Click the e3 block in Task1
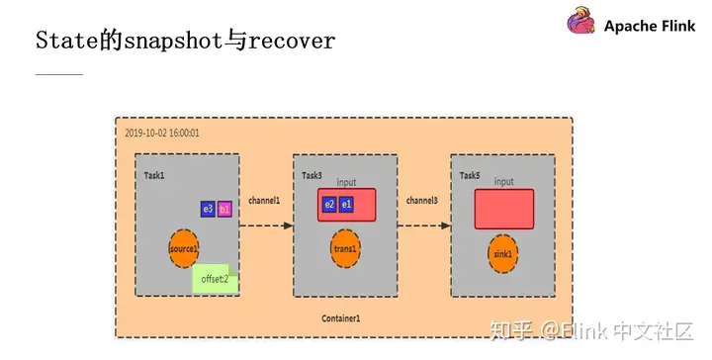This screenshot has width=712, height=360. pos(208,209)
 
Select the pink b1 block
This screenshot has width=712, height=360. pos(224,209)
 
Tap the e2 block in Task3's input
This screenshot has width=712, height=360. pos(329,205)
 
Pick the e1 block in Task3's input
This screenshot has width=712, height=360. pos(346,205)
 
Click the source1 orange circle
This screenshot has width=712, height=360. pos(184,246)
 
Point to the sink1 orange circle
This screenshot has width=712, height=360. pos(502,254)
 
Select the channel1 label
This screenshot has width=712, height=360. pos(264,201)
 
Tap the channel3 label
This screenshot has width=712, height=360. pos(422,201)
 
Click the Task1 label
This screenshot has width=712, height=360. pos(154,175)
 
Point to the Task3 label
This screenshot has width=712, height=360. pos(311,175)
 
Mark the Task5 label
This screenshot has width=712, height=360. pos(470,175)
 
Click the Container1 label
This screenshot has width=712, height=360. pos(341,318)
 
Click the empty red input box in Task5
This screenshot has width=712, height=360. pos(504,209)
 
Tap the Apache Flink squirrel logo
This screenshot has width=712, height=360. pos(580,24)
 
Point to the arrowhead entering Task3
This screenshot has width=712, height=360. pos(289,225)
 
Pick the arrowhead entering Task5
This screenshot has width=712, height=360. pos(446,225)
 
